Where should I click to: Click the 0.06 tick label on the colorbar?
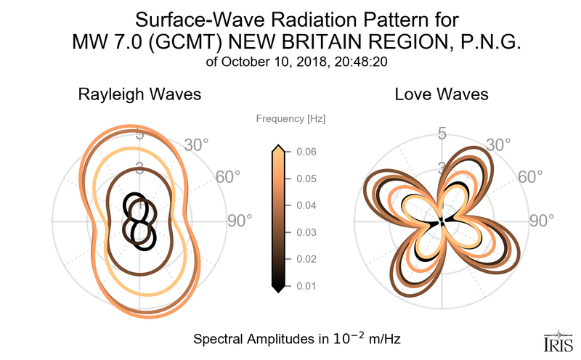[x=306, y=152]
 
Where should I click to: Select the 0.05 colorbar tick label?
[x=306, y=179]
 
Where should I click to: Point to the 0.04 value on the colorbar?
[x=306, y=205]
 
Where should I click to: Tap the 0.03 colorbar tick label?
[x=306, y=232]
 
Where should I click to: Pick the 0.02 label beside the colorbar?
[x=306, y=259]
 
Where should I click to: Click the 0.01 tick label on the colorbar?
[x=306, y=286]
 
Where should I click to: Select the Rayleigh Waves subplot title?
[x=139, y=94]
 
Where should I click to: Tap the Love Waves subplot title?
[x=441, y=94]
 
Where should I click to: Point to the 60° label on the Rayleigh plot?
[x=229, y=177]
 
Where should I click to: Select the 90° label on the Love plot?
[x=541, y=221]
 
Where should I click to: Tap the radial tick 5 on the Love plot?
[x=441, y=134]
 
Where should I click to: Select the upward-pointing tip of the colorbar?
[x=277, y=148]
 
